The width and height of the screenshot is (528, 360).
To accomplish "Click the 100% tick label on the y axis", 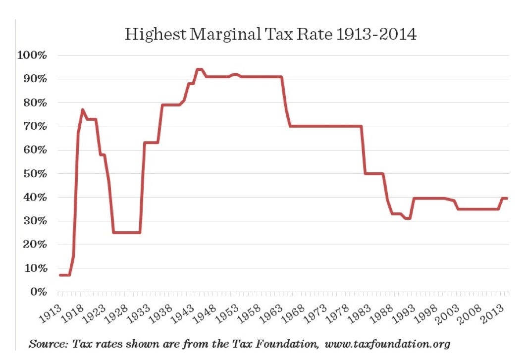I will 32,55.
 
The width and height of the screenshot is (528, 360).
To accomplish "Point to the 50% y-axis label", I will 34,174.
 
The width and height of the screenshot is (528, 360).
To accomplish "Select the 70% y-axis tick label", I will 34,126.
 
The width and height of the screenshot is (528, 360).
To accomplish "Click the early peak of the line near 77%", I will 83,109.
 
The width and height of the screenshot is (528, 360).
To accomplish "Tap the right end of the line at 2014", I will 507,198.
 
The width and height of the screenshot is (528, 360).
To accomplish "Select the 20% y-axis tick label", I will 34,245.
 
